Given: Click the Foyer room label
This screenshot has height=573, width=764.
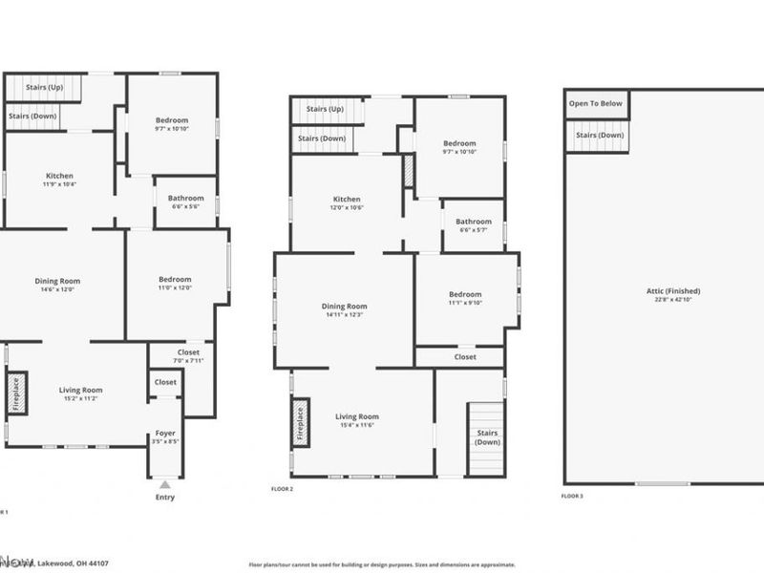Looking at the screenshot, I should point(164,433).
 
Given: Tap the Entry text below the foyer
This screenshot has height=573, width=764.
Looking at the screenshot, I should point(165,498).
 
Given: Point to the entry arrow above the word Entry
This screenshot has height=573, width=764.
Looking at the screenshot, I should point(165,483).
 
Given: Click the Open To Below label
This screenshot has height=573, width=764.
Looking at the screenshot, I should point(596,103).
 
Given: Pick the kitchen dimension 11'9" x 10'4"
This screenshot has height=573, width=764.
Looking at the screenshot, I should point(59,184).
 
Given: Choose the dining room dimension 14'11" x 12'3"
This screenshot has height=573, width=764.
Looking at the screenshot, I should point(343,314).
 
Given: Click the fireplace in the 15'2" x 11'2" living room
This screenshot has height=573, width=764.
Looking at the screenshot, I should point(15,393).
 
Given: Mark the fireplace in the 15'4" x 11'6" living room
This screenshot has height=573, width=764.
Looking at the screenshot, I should point(300,424).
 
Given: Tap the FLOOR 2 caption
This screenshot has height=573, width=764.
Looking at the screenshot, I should point(283,488).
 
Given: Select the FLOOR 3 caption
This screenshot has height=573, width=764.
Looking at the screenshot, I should point(571,496).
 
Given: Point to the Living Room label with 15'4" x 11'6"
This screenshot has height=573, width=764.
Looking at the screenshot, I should point(356,416).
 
